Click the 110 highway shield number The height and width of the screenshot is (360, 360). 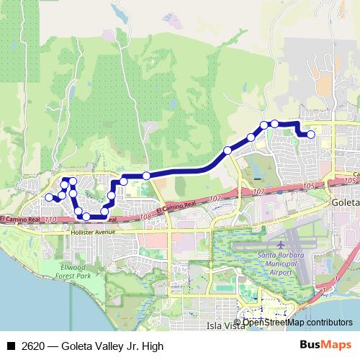(x=50, y=218)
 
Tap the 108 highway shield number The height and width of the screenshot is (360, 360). (x=146, y=216)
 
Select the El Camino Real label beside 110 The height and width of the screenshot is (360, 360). (x=21, y=218)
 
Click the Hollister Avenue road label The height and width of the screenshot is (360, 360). (x=94, y=233)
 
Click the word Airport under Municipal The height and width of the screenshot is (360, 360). (x=280, y=273)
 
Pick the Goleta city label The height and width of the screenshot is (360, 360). (x=344, y=204)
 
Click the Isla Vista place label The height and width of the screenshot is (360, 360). (x=221, y=326)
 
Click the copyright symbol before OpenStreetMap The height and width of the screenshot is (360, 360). (x=238, y=322)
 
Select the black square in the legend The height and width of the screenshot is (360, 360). (x=11, y=346)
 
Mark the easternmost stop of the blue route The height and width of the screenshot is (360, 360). (x=311, y=134)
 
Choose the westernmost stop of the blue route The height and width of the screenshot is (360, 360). (x=49, y=197)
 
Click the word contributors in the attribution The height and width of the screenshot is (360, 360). (x=329, y=322)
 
